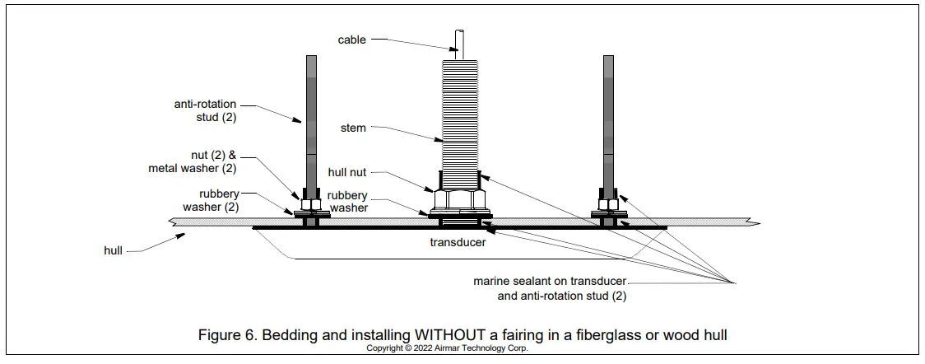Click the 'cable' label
click(351, 39)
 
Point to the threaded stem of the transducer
click(459, 115)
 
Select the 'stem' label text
click(353, 128)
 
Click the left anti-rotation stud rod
click(311, 124)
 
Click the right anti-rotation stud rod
click(608, 124)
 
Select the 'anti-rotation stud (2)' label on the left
click(206, 111)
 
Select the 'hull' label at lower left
click(114, 250)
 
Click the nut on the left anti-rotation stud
click(311, 203)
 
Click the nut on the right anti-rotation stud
click(608, 203)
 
